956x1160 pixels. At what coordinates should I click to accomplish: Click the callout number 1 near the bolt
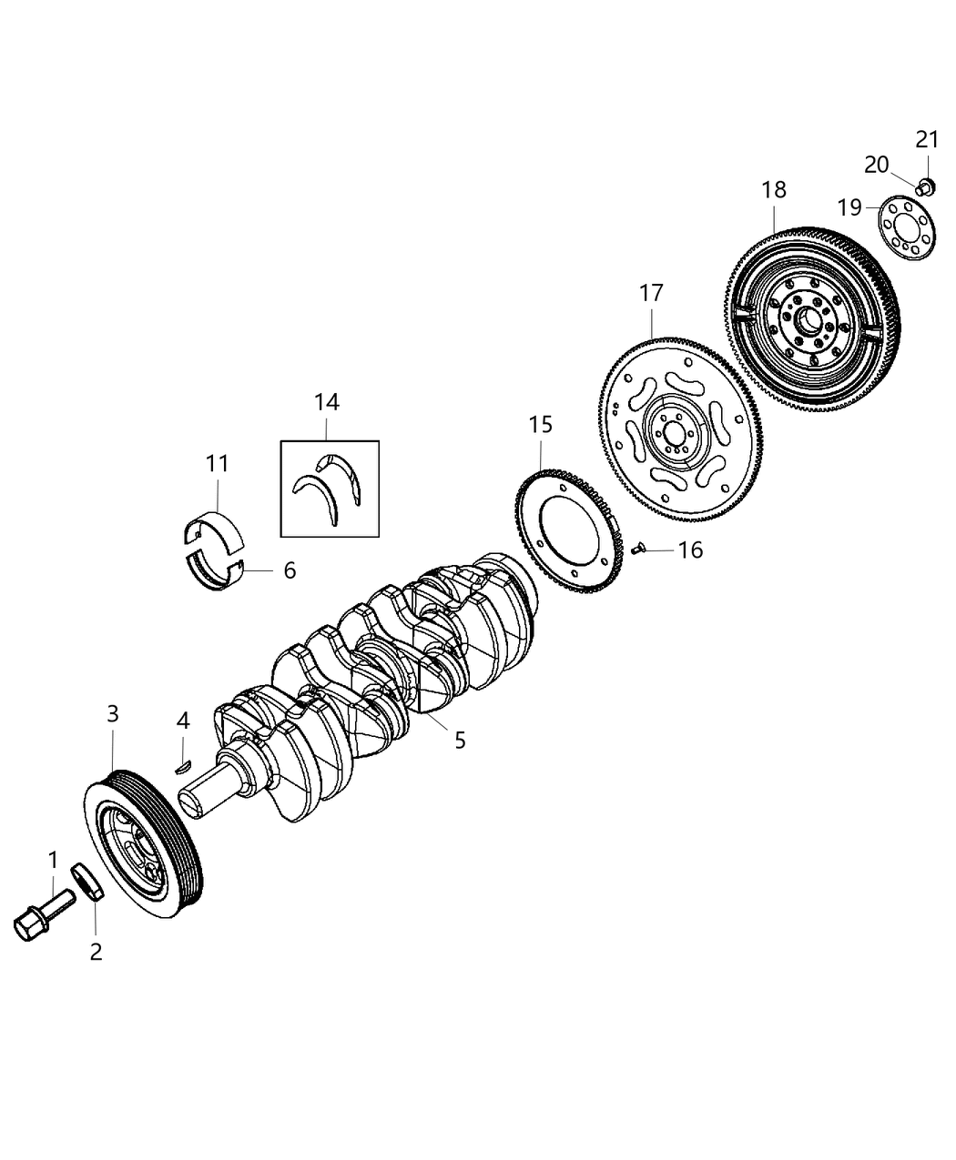53,859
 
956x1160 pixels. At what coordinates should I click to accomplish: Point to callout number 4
183,721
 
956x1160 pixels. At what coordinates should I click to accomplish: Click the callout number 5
460,740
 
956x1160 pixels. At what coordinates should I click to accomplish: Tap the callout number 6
290,570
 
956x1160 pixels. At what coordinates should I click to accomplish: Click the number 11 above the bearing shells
217,464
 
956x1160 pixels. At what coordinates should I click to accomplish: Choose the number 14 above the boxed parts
327,401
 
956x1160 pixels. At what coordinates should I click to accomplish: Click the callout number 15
541,424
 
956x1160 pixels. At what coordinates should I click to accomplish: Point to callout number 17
652,293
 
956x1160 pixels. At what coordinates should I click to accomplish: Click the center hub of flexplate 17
672,431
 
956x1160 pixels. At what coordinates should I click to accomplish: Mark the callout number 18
774,190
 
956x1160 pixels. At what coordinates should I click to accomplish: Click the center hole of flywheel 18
807,319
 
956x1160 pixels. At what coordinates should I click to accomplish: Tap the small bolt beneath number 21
925,187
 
